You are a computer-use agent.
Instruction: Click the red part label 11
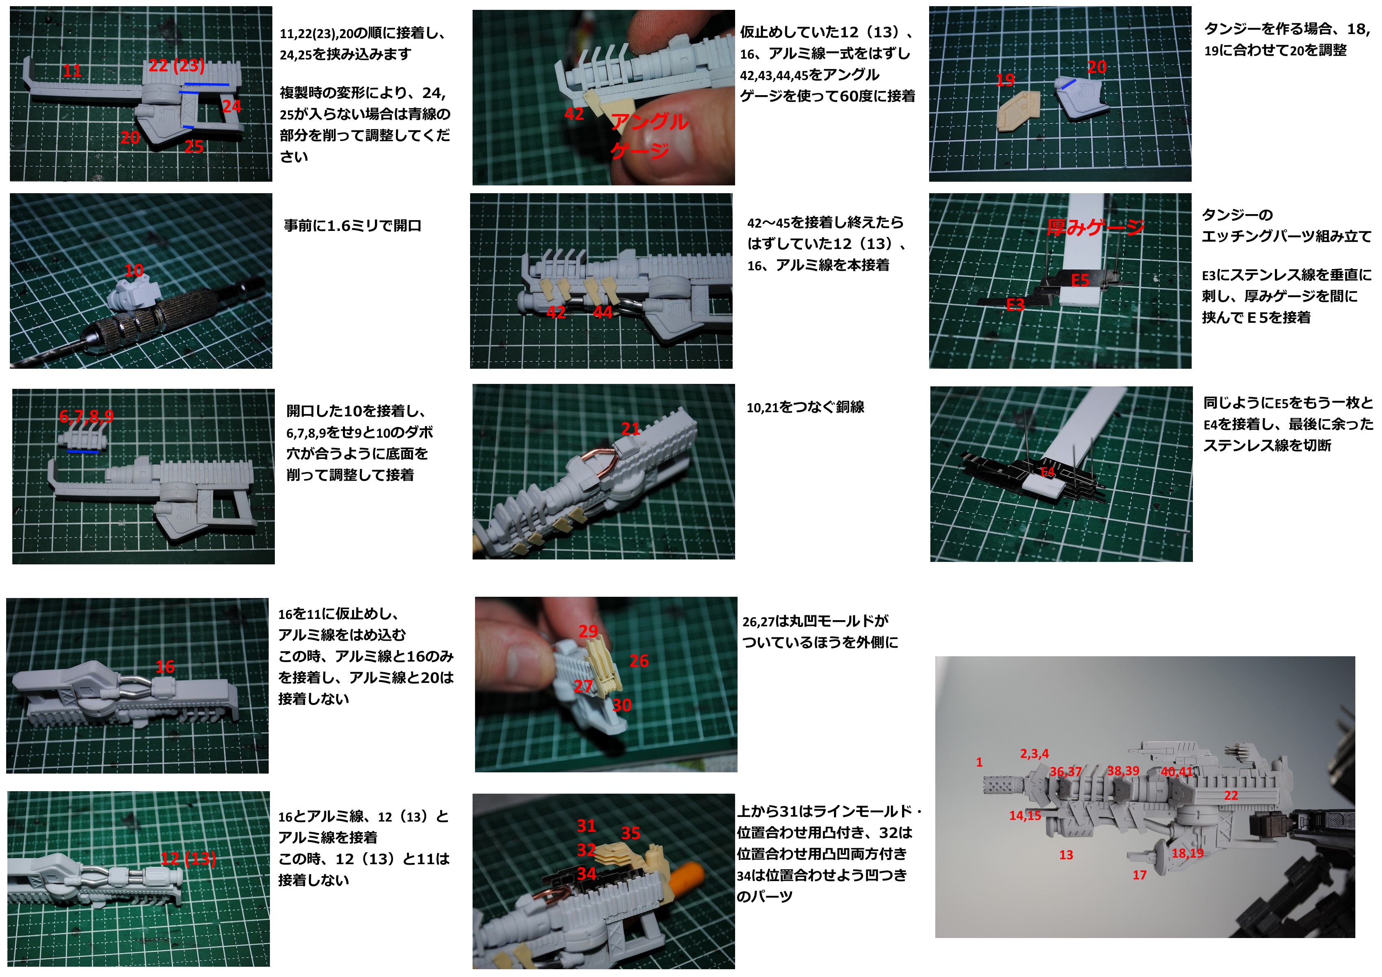click(x=72, y=71)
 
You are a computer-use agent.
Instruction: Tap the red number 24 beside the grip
click(x=232, y=107)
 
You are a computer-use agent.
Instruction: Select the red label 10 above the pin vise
click(x=134, y=270)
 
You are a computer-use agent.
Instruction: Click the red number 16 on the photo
click(x=165, y=667)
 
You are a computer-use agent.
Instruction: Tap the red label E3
click(x=1015, y=305)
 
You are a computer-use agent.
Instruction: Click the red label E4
click(x=1048, y=472)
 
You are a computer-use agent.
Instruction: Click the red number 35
click(x=631, y=833)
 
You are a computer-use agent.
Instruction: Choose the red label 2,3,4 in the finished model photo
click(x=1034, y=754)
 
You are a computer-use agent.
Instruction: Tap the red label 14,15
click(x=1025, y=816)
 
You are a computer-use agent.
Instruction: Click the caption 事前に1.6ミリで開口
click(x=353, y=226)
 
